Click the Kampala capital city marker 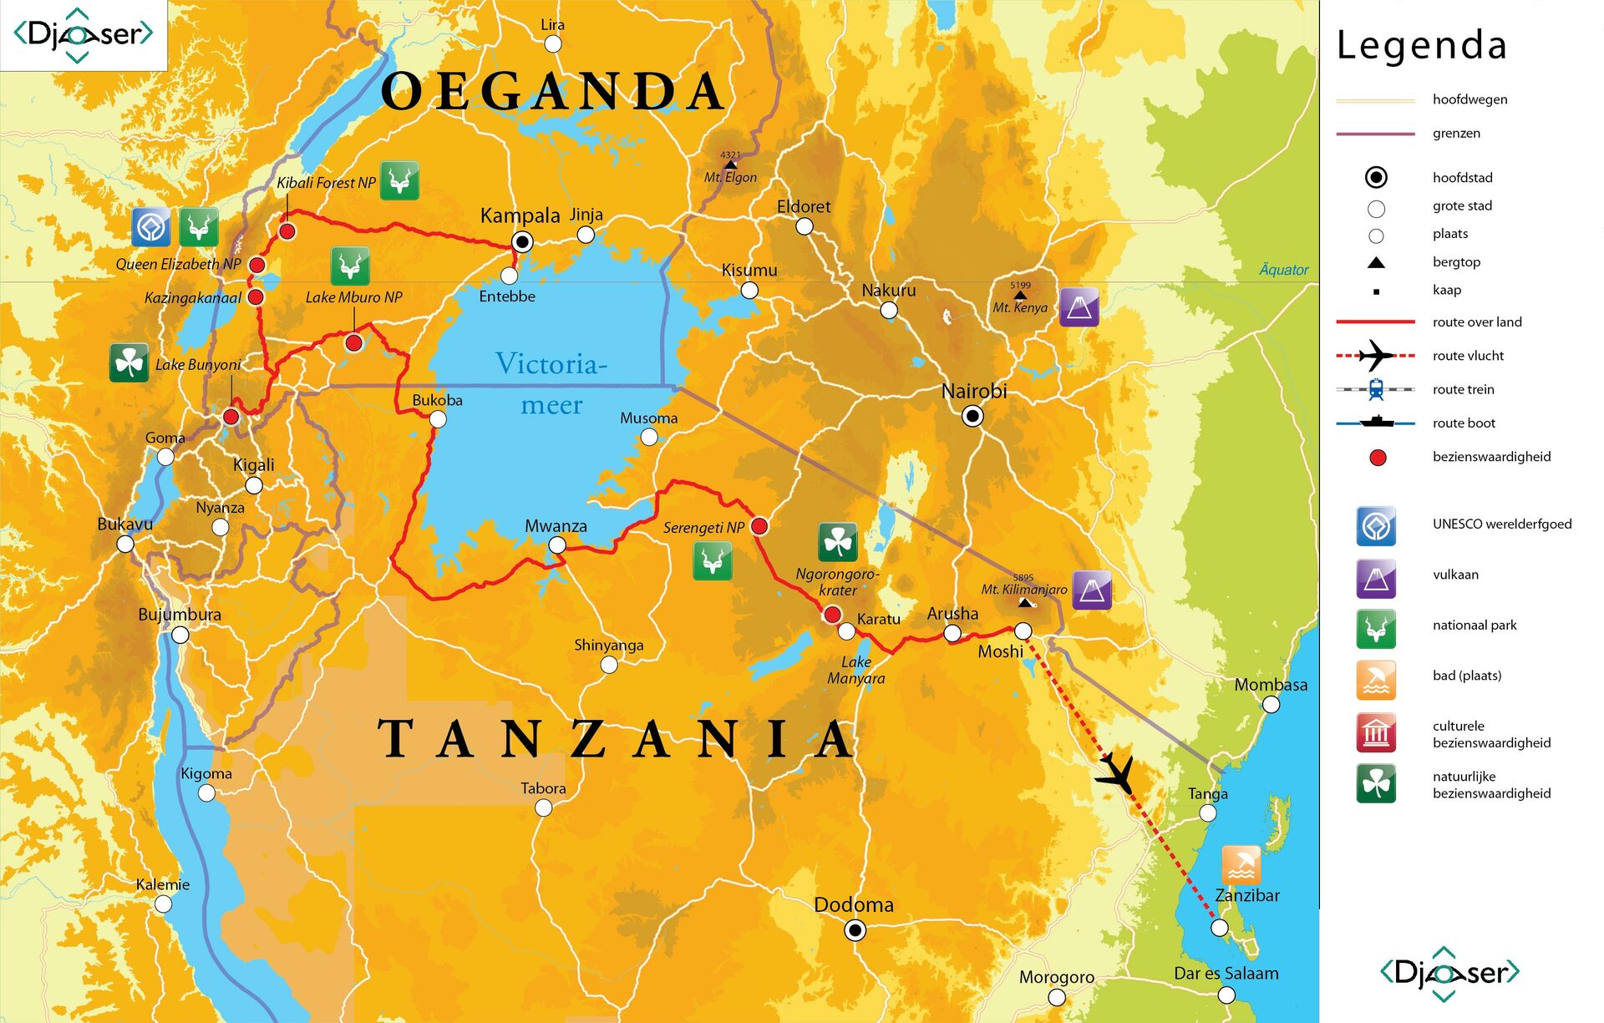point(522,242)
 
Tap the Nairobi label point(974,391)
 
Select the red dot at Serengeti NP point(759,526)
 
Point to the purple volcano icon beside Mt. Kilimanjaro point(1092,590)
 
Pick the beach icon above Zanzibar point(1241,864)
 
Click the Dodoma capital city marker point(855,930)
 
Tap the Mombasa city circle point(1271,705)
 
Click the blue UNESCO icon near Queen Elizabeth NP point(151,227)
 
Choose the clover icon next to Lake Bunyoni point(129,362)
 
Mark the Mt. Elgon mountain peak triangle point(730,165)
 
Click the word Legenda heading point(1422,45)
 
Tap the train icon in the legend point(1376,389)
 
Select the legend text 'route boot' point(1464,423)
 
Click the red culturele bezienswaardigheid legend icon point(1376,733)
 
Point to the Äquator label point(1283,270)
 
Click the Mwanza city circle point(557,545)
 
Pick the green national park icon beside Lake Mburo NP point(350,266)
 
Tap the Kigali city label point(253,465)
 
